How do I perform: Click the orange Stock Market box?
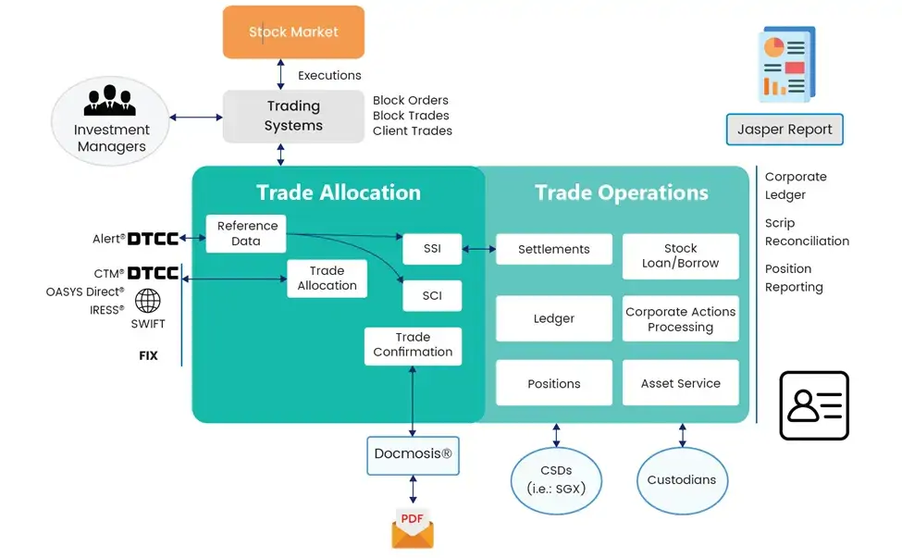click(293, 32)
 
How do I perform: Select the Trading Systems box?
click(293, 117)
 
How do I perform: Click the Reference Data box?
click(246, 233)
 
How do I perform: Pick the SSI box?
click(431, 250)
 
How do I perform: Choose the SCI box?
click(431, 296)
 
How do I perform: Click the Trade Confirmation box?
click(413, 345)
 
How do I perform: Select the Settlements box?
click(553, 250)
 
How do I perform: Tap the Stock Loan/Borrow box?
click(680, 256)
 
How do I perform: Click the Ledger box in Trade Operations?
click(553, 319)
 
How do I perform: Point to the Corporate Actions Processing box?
click(680, 319)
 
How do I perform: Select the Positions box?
click(553, 383)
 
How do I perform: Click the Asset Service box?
click(680, 383)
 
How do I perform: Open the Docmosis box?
click(413, 455)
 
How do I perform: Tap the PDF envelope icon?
click(413, 528)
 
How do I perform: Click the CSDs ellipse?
click(556, 479)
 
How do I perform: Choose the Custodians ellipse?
click(682, 480)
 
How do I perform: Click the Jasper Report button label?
click(785, 130)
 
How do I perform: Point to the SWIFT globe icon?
click(147, 301)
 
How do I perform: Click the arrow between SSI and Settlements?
click(478, 250)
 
